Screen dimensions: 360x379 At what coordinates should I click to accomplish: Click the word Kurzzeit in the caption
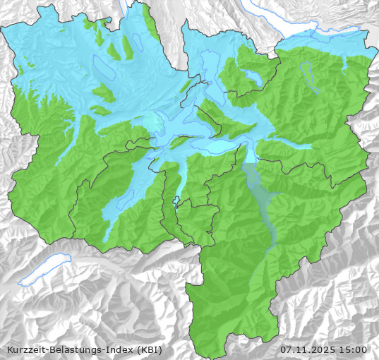click(x=26, y=349)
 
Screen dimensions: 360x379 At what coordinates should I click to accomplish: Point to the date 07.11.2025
click(x=308, y=349)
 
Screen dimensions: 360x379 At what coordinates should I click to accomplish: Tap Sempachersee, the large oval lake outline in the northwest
click(x=103, y=68)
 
